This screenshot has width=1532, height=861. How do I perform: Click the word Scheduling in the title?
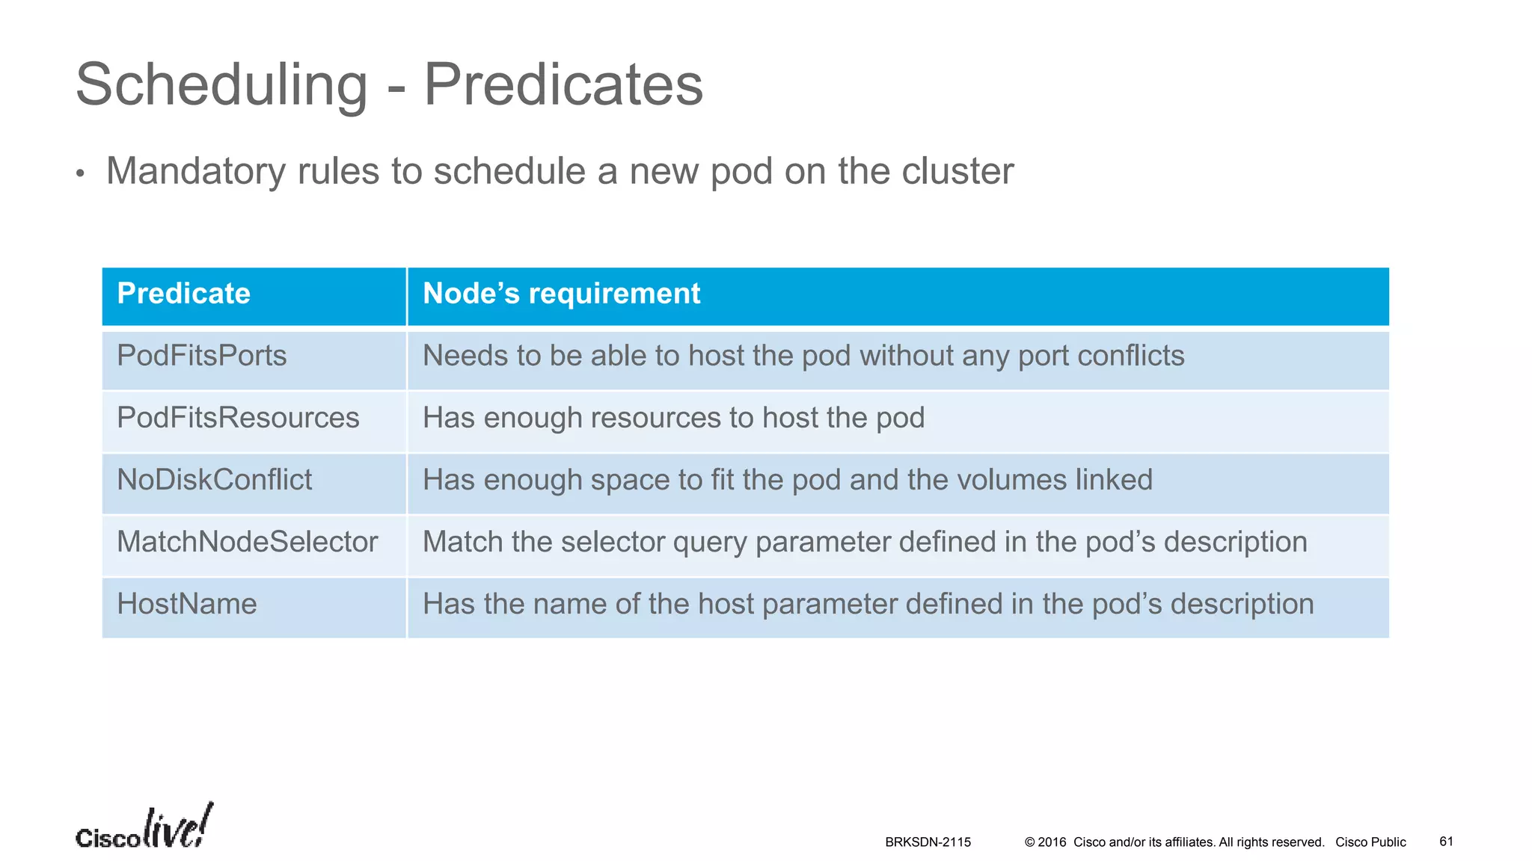pyautogui.click(x=221, y=85)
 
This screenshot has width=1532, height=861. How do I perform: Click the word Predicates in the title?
pyautogui.click(x=563, y=84)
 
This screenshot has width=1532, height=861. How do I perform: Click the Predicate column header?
pyautogui.click(x=183, y=294)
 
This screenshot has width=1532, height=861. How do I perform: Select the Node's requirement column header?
pyautogui.click(x=561, y=294)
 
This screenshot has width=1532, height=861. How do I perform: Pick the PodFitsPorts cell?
pyautogui.click(x=202, y=356)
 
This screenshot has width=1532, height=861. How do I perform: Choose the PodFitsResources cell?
pyautogui.click(x=238, y=418)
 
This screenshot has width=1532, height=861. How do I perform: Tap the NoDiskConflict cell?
pyautogui.click(x=215, y=480)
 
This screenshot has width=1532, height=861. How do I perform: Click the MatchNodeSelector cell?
pyautogui.click(x=248, y=542)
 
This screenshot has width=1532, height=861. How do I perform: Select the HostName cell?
pyautogui.click(x=187, y=604)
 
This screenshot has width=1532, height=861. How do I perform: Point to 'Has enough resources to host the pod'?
pyautogui.click(x=673, y=418)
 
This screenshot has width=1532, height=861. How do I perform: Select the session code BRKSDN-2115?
pyautogui.click(x=928, y=842)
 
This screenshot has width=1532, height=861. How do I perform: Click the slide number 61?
pyautogui.click(x=1446, y=842)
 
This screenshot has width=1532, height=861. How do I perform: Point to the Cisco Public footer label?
pyautogui.click(x=1370, y=842)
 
